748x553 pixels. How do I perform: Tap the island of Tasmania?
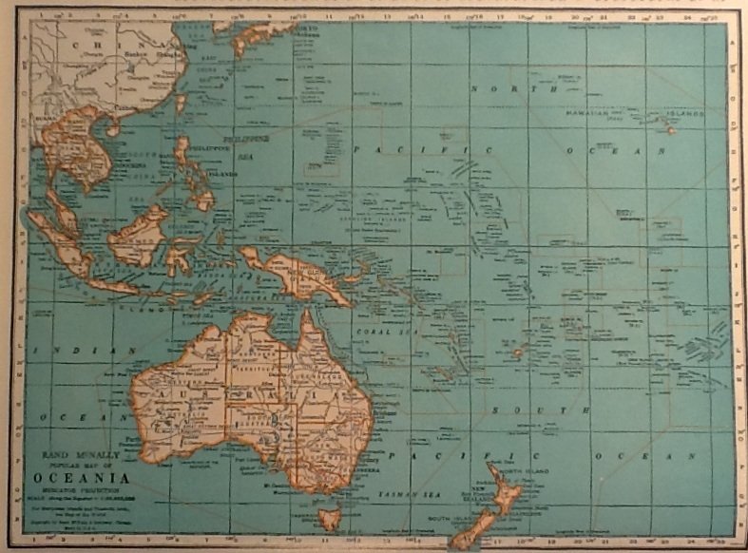click(329, 519)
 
